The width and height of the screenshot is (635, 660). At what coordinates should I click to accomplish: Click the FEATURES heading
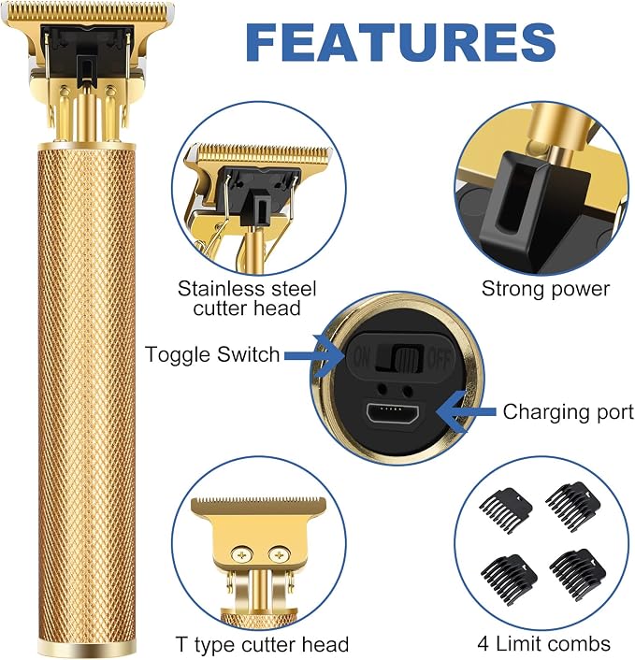(x=400, y=42)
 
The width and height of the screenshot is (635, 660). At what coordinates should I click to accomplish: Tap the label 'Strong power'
(x=545, y=289)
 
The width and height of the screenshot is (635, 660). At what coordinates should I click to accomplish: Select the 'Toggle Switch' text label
(x=212, y=354)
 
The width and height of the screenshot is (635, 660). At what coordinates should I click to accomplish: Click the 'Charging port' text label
(x=568, y=411)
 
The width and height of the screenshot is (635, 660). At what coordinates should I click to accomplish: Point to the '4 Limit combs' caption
(x=543, y=643)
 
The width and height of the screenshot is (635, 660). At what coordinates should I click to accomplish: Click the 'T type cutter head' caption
(x=262, y=644)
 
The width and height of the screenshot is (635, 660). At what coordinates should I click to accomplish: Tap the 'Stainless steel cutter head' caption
(x=247, y=298)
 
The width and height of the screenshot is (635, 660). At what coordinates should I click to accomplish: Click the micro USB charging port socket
(x=392, y=413)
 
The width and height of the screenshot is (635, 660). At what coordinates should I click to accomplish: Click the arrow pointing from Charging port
(x=466, y=411)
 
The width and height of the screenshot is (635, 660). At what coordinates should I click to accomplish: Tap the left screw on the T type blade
(x=241, y=555)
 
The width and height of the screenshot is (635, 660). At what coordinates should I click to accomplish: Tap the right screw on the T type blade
(x=279, y=555)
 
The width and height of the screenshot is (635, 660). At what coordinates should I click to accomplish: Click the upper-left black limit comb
(x=506, y=508)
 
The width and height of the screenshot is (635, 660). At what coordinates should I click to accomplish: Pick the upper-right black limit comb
(x=573, y=502)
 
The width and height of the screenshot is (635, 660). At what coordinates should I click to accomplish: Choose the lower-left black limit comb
(x=509, y=576)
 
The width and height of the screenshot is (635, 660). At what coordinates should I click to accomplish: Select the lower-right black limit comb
(x=578, y=570)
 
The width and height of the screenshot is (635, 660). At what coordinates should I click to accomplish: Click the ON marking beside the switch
(x=361, y=358)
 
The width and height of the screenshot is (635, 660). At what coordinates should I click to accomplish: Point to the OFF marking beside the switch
(x=440, y=359)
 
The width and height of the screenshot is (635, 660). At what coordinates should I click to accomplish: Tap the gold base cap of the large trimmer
(x=87, y=648)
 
